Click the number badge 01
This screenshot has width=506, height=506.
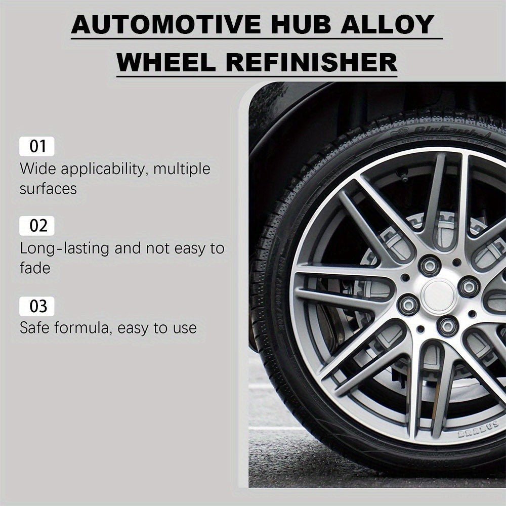point(37,147)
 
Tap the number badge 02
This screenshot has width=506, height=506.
point(37,226)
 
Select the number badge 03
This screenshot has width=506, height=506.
point(37,306)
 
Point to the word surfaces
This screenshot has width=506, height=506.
point(48,189)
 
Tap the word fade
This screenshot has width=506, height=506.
point(35,268)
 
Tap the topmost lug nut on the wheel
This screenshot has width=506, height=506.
point(430,265)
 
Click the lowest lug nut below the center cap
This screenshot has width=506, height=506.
point(447,326)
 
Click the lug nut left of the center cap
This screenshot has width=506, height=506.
point(408,304)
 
